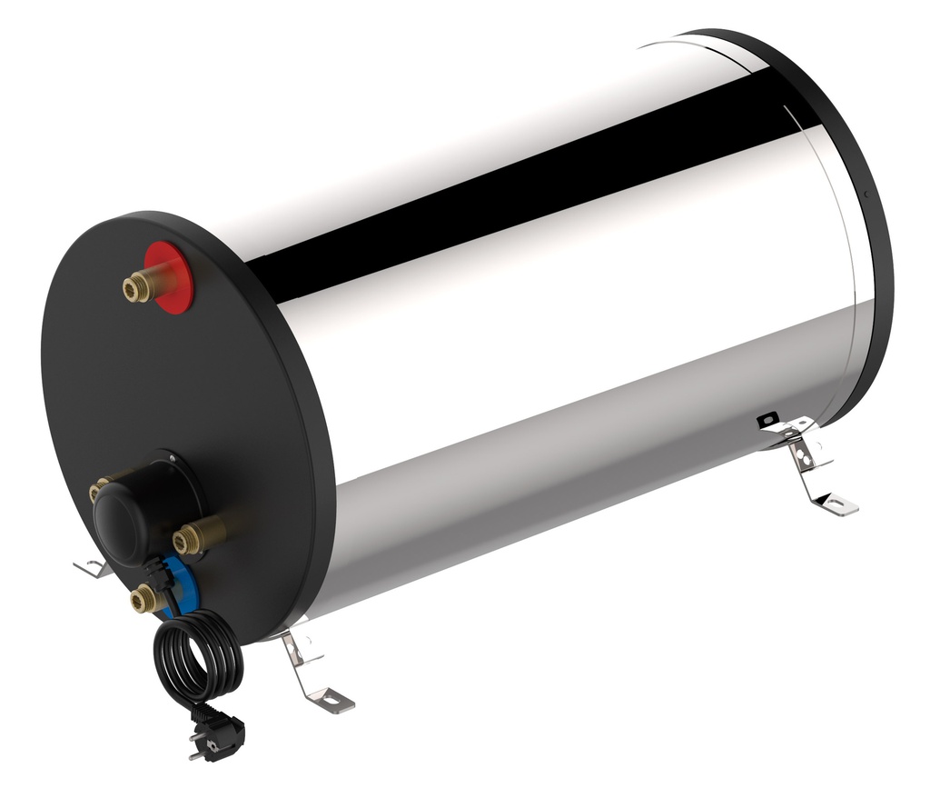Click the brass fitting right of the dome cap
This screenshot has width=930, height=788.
(x=195, y=537)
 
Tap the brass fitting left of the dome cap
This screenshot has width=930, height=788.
(x=99, y=490)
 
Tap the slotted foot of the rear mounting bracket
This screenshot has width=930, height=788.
(x=836, y=502)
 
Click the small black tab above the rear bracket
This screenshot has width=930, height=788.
(x=767, y=419)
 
